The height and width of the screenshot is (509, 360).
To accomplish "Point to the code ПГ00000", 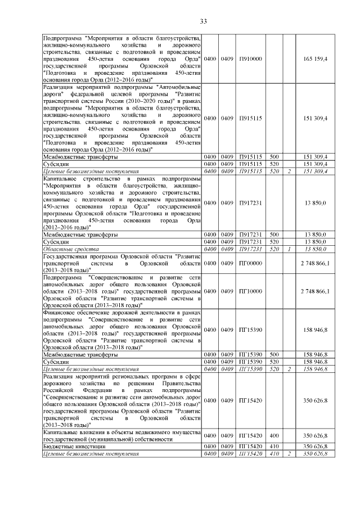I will coord(251,263).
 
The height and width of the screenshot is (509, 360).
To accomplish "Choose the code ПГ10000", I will coord(251,291).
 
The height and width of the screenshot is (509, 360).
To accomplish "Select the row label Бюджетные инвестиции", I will coord(67,446).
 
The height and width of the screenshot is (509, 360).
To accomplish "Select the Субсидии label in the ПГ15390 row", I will coord(56,361).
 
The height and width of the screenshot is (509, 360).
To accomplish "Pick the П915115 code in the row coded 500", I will coord(251,156).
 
